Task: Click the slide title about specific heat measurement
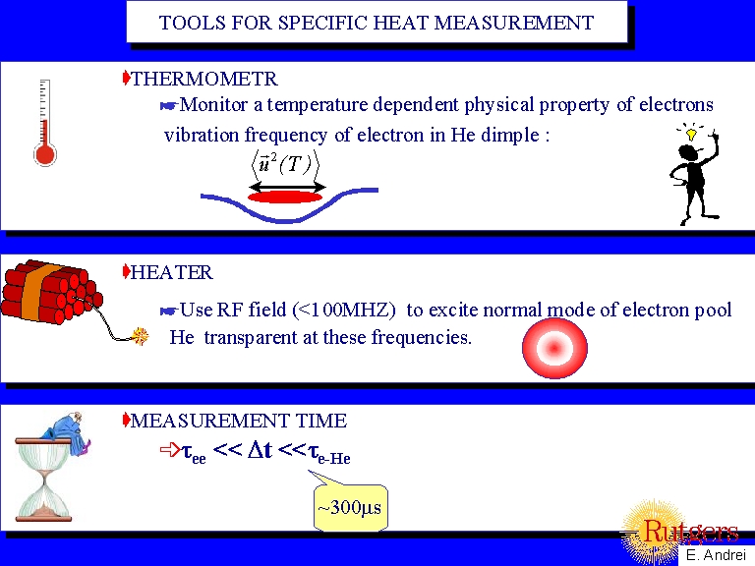pyautogui.click(x=377, y=23)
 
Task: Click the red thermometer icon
pyautogui.click(x=43, y=123)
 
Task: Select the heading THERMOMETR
pyautogui.click(x=204, y=80)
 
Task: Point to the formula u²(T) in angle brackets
pyautogui.click(x=285, y=162)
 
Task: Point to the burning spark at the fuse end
pyautogui.click(x=140, y=337)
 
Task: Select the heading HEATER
pyautogui.click(x=171, y=272)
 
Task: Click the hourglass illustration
pyautogui.click(x=47, y=477)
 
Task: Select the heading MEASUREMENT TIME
pyautogui.click(x=238, y=422)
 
